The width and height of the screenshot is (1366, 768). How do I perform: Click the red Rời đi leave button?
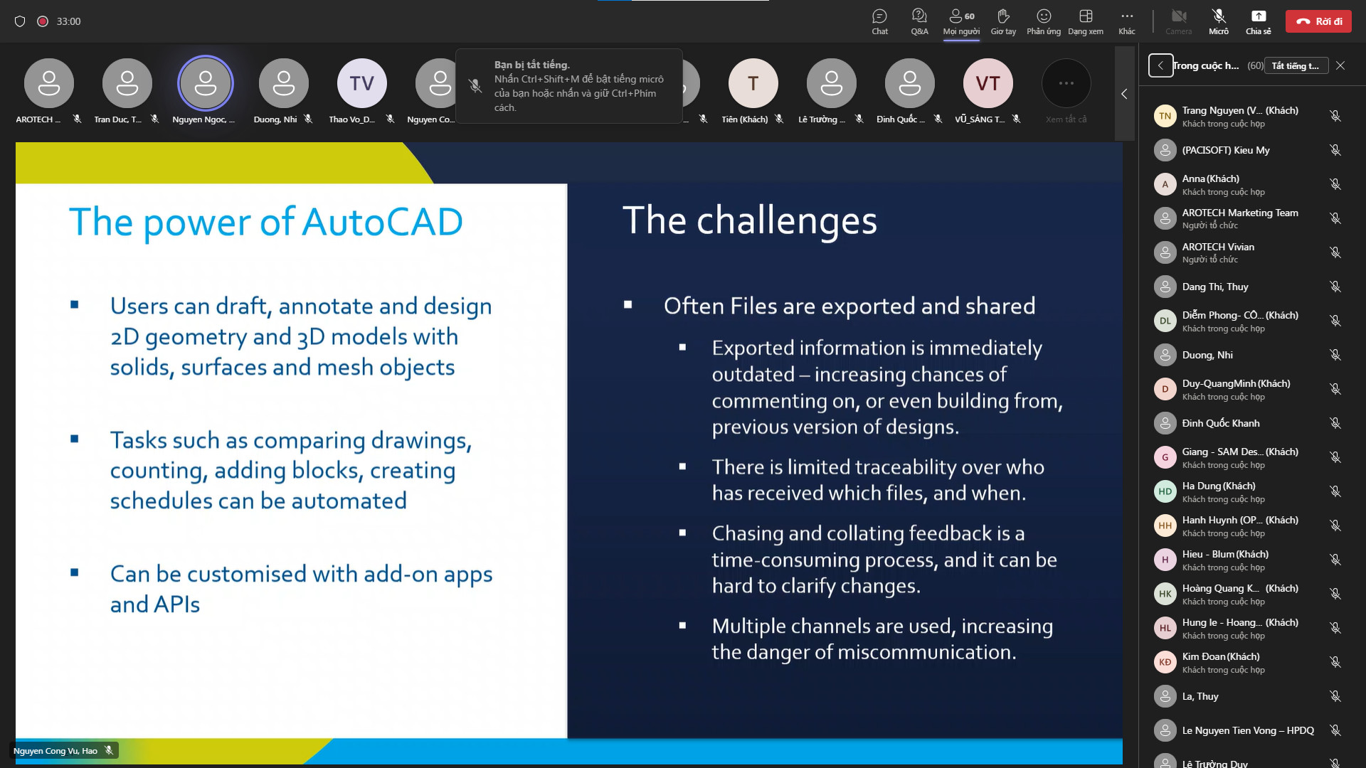(1318, 21)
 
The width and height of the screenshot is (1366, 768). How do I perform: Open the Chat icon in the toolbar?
(880, 21)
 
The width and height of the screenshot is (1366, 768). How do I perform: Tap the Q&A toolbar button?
(919, 21)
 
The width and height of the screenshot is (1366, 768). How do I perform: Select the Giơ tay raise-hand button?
(1003, 21)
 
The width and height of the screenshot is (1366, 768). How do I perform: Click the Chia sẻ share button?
(1258, 21)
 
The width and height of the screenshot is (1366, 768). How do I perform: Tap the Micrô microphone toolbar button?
(1219, 21)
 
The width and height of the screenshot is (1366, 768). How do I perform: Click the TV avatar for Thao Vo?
(362, 83)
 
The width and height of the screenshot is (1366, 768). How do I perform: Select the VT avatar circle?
(988, 83)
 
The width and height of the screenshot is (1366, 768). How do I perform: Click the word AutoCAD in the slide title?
(383, 222)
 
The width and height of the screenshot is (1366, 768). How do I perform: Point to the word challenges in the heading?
(787, 221)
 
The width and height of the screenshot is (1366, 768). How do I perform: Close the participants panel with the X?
(1340, 65)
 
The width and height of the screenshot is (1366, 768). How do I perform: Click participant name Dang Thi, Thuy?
(1215, 287)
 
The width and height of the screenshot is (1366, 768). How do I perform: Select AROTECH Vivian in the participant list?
(1218, 247)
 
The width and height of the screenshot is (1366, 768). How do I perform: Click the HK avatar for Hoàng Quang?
(1165, 594)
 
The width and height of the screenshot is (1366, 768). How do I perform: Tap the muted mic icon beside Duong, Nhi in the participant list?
(1335, 355)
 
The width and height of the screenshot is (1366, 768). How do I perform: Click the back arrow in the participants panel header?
(1160, 65)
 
